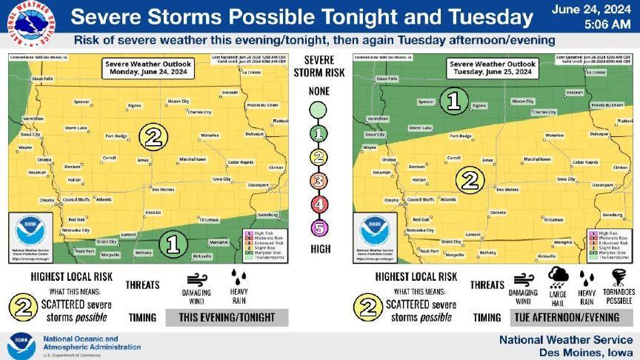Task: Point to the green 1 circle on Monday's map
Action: (x=173, y=243)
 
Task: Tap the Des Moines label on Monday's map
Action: (x=162, y=189)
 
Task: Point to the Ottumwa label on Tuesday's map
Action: (x=553, y=219)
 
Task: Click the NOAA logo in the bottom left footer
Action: (x=21, y=345)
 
